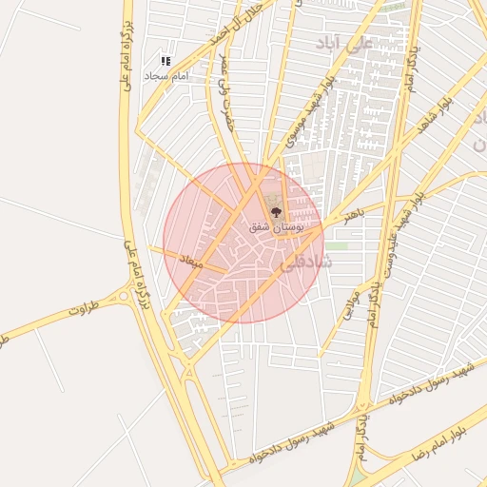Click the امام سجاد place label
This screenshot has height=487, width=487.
167,75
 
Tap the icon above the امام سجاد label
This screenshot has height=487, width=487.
166,61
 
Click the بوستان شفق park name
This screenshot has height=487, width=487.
276,228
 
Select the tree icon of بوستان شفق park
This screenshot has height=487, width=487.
277,212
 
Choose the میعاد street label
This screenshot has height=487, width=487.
193,259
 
